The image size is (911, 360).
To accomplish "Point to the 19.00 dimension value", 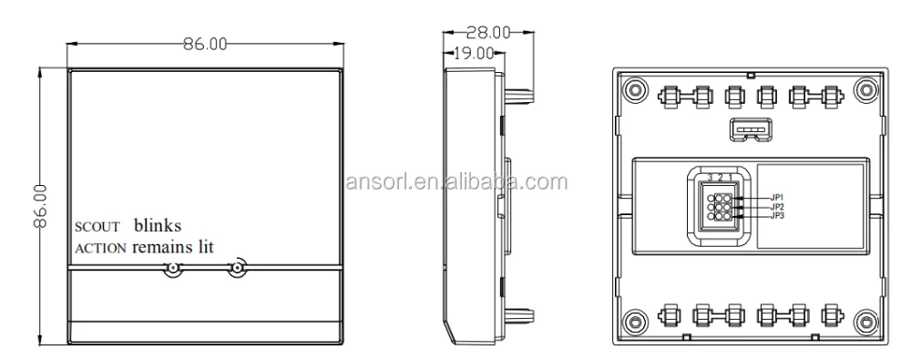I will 473,53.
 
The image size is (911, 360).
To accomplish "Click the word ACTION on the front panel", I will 100,247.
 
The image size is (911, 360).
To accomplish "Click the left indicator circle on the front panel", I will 171,269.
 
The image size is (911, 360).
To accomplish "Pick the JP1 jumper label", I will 778,196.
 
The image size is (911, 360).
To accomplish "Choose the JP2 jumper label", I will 778,206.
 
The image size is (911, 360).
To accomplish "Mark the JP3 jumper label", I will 778,216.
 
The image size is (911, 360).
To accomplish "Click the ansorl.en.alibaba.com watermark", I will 460,180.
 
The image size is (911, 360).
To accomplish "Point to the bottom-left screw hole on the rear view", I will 635,320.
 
